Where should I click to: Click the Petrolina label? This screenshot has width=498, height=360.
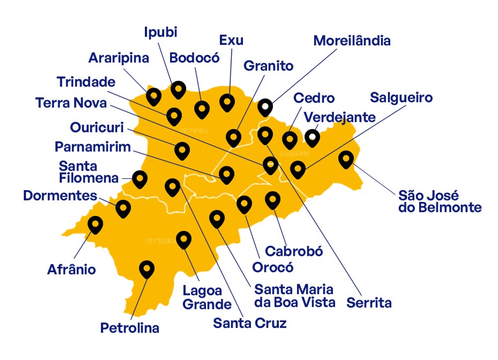[130, 328]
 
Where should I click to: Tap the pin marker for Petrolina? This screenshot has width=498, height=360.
[147, 269]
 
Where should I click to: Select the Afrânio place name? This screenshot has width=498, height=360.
[72, 270]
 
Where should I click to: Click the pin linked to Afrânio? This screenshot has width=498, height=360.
[95, 224]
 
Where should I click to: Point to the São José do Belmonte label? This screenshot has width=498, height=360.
[439, 201]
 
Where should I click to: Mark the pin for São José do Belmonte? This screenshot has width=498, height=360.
[346, 159]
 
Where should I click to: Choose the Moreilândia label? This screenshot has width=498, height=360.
[352, 41]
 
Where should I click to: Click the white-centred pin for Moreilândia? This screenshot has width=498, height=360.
[265, 107]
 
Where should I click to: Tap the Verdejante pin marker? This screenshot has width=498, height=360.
[312, 137]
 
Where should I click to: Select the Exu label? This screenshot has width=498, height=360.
[231, 40]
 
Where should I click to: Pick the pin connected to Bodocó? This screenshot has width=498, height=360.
[202, 109]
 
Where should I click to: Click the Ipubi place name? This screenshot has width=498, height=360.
[161, 32]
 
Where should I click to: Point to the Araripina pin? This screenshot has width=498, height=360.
[154, 96]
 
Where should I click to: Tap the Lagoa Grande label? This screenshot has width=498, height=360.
[207, 297]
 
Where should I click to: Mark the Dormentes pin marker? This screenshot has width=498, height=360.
[123, 208]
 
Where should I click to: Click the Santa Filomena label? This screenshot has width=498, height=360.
[89, 172]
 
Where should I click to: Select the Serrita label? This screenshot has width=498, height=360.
[369, 303]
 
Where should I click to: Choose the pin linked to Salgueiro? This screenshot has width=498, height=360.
[298, 169]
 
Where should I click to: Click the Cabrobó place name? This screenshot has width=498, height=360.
[294, 251]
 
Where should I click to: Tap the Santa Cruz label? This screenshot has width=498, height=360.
[250, 323]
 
